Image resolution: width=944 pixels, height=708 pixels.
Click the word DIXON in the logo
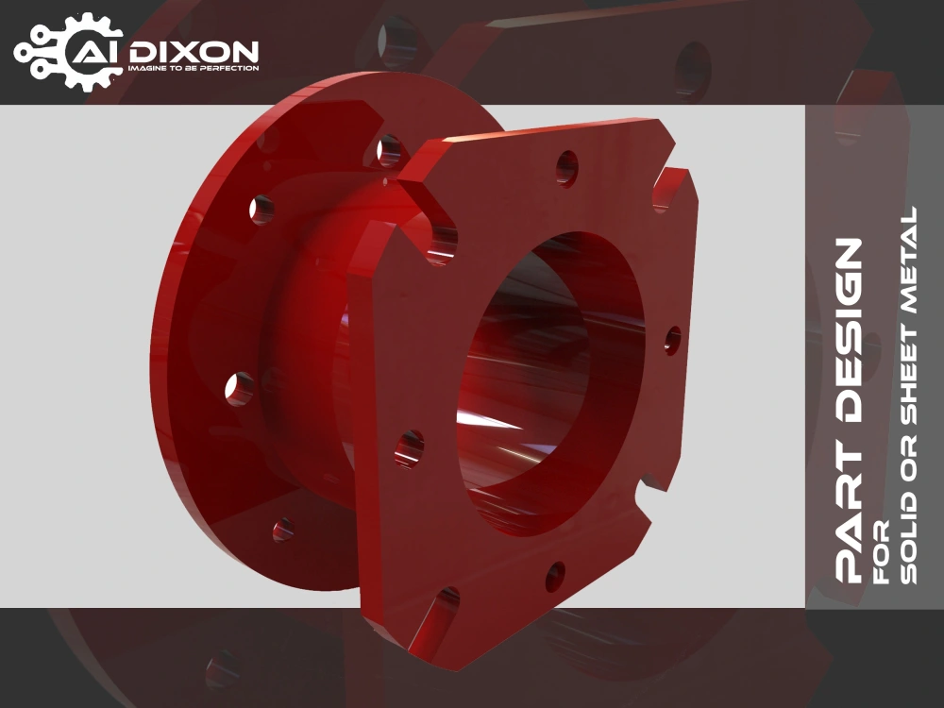click(194, 52)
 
